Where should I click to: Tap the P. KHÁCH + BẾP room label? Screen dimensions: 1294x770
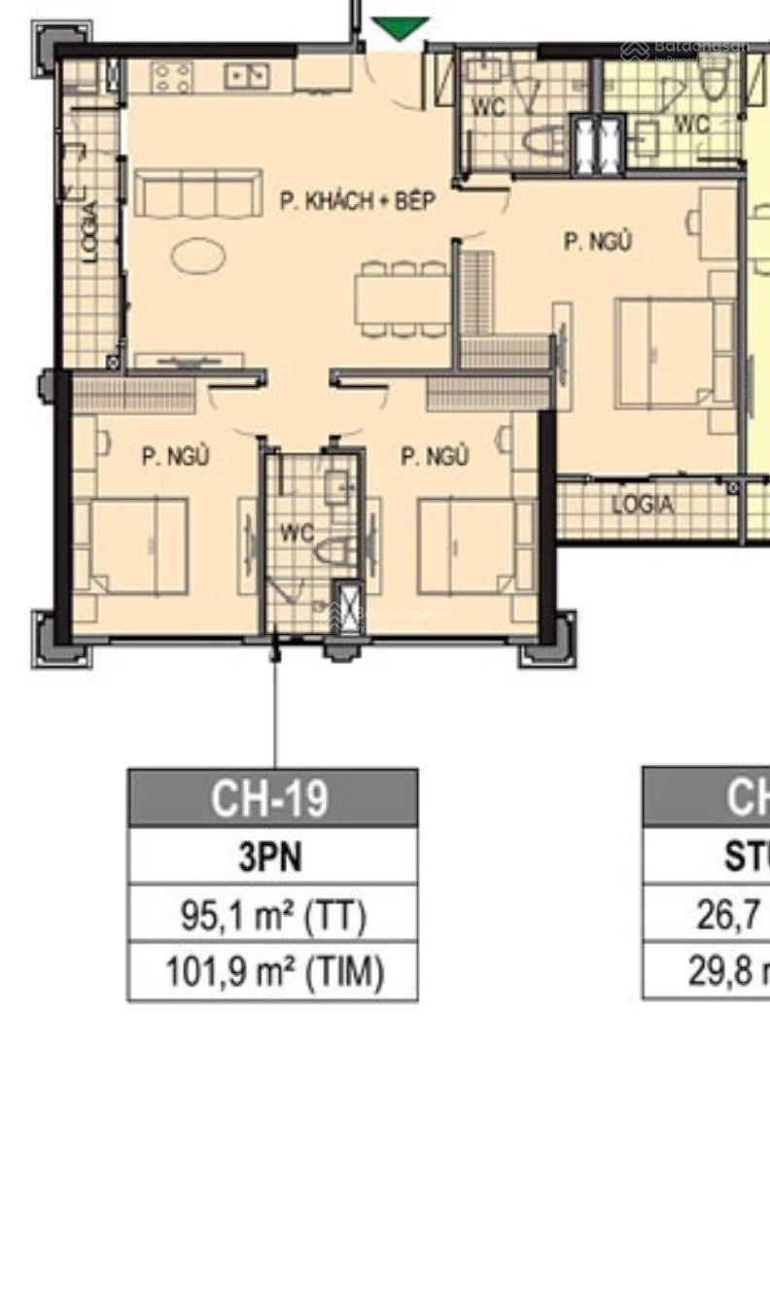click(x=357, y=202)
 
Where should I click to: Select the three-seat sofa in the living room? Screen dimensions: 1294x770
click(x=198, y=193)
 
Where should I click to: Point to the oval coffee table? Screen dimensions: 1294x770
click(x=198, y=257)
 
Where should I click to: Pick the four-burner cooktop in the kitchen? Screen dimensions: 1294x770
click(x=171, y=77)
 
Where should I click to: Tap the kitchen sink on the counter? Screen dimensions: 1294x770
click(x=247, y=76)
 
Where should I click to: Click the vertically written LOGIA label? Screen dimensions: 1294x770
click(x=90, y=231)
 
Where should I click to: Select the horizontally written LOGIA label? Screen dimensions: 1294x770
click(x=642, y=506)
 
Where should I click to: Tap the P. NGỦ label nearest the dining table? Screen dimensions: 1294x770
click(x=598, y=241)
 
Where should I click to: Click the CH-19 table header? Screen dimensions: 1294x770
click(x=273, y=798)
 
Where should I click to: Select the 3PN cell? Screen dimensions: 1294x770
click(x=273, y=857)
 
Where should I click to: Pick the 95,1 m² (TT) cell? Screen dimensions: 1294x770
click(x=273, y=915)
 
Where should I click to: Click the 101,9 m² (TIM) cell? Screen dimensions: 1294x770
click(x=273, y=972)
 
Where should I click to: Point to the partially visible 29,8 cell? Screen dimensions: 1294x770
click(x=724, y=972)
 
